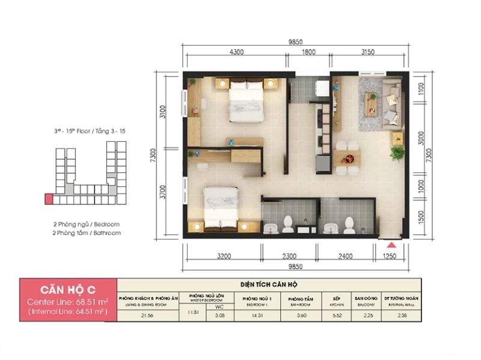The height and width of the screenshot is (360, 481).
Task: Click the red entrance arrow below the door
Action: tap(391, 245)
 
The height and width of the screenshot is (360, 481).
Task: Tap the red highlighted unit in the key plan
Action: tap(48, 198)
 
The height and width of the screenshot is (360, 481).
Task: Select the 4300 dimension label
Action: tap(236, 52)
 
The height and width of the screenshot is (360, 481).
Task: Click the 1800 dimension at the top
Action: tap(308, 52)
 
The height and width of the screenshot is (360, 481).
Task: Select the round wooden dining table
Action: tap(347, 159)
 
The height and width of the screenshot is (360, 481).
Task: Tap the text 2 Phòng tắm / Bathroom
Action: tap(86, 233)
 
